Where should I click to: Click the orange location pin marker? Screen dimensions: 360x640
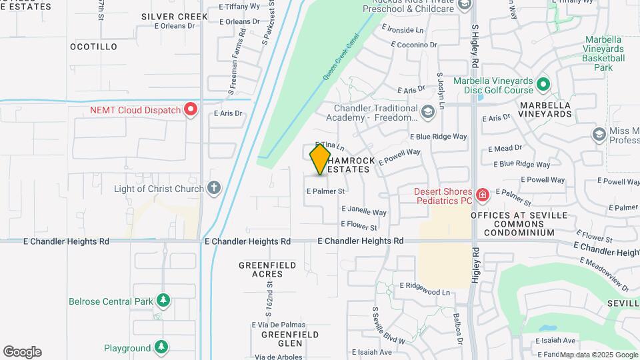[x=320, y=159]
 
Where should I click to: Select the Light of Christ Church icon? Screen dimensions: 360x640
[x=214, y=189]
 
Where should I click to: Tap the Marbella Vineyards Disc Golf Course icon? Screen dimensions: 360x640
[x=543, y=85]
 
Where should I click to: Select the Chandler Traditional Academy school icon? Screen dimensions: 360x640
[x=427, y=112]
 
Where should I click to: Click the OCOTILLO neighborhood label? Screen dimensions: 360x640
[x=93, y=47]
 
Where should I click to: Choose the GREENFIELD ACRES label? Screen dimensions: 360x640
[x=267, y=269]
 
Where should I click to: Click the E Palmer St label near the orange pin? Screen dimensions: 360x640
[x=325, y=191]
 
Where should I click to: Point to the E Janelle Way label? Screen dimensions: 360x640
[x=367, y=212]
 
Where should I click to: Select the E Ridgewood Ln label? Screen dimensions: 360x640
[x=425, y=292]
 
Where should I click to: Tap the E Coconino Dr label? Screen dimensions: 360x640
[x=414, y=45]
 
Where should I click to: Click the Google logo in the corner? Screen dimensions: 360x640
[x=22, y=352]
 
